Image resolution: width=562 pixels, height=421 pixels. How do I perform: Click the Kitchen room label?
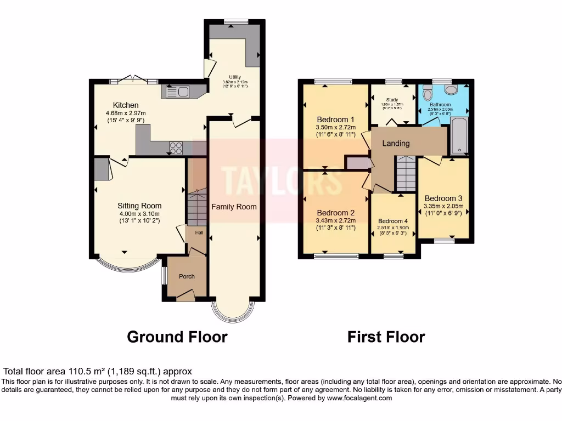coord(126,105)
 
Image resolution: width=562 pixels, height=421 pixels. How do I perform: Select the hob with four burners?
coord(176,147)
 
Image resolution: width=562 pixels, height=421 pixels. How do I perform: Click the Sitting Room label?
coord(139,206)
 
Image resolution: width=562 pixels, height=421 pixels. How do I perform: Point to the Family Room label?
coord(234,207)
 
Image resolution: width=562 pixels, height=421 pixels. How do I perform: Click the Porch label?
coord(187,276)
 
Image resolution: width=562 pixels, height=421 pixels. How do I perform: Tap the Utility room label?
coord(235,77)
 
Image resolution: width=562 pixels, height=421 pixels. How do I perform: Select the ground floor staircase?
coord(196,208)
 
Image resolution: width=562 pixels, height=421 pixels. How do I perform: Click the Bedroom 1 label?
coord(335,120)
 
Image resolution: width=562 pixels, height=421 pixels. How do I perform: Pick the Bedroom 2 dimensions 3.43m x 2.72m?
coord(335,221)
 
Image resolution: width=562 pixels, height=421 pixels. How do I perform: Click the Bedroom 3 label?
coord(443,198)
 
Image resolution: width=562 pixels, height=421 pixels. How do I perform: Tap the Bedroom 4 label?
coord(393,221)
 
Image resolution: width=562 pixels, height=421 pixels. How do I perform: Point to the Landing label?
coord(396,144)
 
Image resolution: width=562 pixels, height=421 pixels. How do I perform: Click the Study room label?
coord(392,100)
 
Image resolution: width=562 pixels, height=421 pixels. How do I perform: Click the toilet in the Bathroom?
coord(451,89)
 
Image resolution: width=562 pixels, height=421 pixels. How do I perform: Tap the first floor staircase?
coord(406,173)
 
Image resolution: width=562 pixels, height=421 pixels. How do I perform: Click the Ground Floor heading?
coord(177,336)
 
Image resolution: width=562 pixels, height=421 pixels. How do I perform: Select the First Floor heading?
coord(386,336)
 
